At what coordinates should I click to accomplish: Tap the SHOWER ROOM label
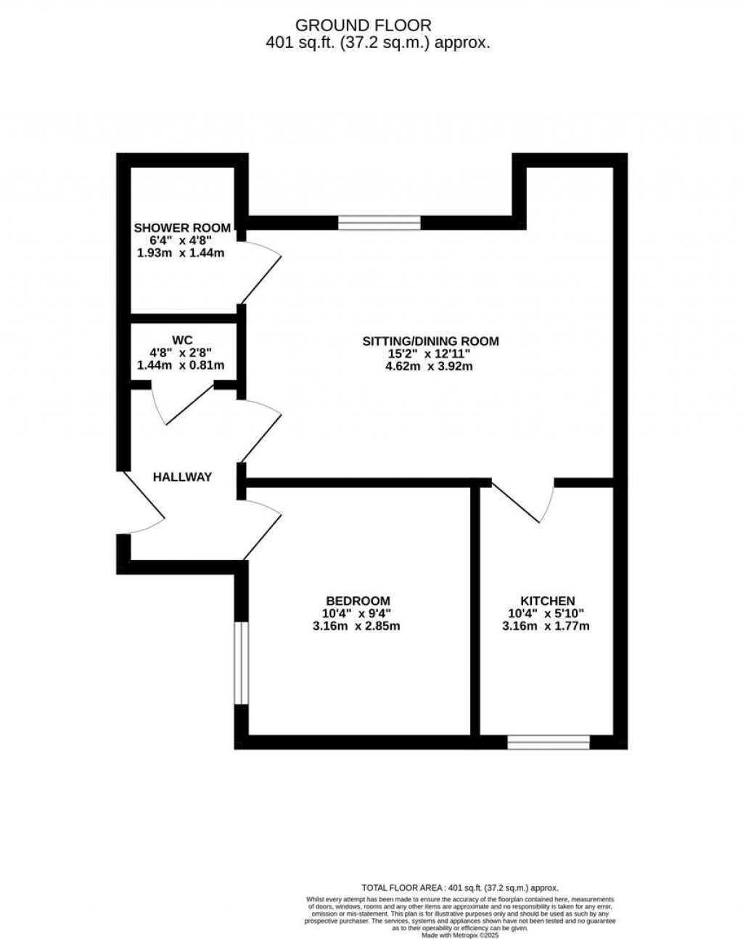pos(182,228)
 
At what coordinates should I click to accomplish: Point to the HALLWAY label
pos(182,477)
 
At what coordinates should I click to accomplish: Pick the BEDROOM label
pos(358,601)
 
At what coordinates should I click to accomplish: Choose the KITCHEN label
pos(547,601)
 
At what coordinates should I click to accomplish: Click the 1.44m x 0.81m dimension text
pos(181,365)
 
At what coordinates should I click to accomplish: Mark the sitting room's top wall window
pos(379,223)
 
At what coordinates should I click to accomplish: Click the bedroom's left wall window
pos(241,662)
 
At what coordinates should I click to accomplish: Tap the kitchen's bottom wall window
pos(548,741)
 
